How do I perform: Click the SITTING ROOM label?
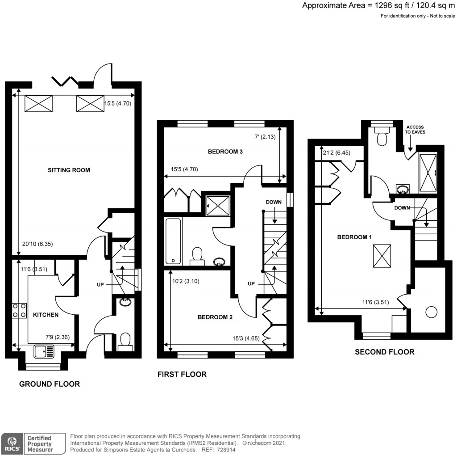(69, 170)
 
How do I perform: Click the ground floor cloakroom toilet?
(125, 342)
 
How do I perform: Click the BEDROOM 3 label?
(225, 152)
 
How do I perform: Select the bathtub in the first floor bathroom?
(173, 241)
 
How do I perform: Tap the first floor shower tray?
(218, 204)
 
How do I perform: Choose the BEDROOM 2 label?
(215, 317)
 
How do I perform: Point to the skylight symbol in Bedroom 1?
(382, 256)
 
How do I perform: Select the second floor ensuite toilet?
(382, 136)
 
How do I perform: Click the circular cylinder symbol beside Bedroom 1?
(431, 312)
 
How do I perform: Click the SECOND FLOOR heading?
(384, 352)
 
